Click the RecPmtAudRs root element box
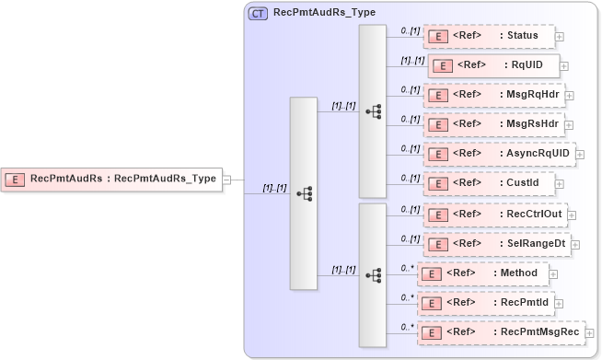tap(111, 180)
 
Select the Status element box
tap(489, 36)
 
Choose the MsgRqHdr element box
tap(493, 94)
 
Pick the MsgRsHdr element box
tap(493, 122)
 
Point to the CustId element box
tap(489, 182)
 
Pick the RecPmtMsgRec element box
tap(501, 331)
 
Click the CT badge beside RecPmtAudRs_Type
tap(259, 14)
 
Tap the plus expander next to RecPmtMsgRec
tap(590, 332)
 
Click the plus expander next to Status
tap(560, 37)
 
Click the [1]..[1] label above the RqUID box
tap(411, 60)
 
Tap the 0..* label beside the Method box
tap(406, 268)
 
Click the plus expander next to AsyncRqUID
tap(581, 155)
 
